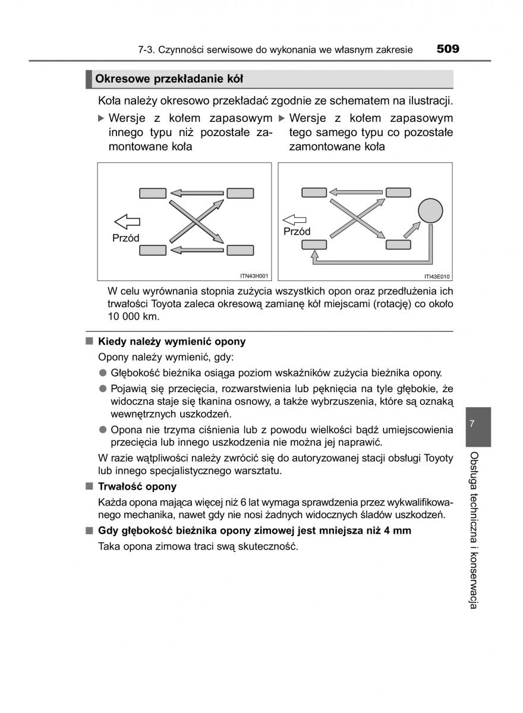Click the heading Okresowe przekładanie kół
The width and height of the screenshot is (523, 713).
169,79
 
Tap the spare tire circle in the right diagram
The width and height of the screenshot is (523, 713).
430,210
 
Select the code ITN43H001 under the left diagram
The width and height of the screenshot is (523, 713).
254,276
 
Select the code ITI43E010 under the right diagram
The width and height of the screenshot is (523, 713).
437,276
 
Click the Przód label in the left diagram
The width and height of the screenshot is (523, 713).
125,238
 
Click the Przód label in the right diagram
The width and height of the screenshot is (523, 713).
297,232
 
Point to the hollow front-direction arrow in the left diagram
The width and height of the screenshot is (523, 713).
127,222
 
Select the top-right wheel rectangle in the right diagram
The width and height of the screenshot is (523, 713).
398,191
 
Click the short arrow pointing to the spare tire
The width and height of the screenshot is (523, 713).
411,228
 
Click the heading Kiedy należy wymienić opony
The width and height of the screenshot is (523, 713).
172,342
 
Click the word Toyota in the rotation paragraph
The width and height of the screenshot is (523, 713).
170,304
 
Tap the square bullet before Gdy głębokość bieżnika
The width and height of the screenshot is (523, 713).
89,530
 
